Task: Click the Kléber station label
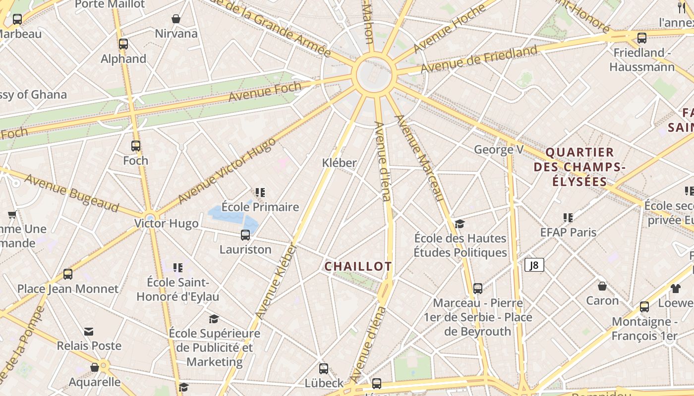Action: [340, 162]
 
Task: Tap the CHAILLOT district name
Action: [358, 266]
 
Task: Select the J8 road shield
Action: [534, 265]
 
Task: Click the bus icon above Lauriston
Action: [245, 235]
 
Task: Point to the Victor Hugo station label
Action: [167, 223]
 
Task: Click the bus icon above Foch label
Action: [136, 146]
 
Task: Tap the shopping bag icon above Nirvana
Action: [176, 19]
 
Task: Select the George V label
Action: [499, 149]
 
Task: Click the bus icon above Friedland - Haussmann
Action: [642, 38]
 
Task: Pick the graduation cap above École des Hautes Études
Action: [460, 224]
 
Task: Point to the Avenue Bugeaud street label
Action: [71, 193]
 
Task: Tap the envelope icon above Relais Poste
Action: [89, 331]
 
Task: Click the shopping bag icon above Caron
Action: [602, 286]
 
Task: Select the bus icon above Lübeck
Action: [324, 368]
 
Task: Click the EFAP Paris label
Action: [568, 232]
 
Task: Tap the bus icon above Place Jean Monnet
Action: [68, 274]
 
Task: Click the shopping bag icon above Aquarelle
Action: [94, 367]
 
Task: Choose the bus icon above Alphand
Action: [123, 44]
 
